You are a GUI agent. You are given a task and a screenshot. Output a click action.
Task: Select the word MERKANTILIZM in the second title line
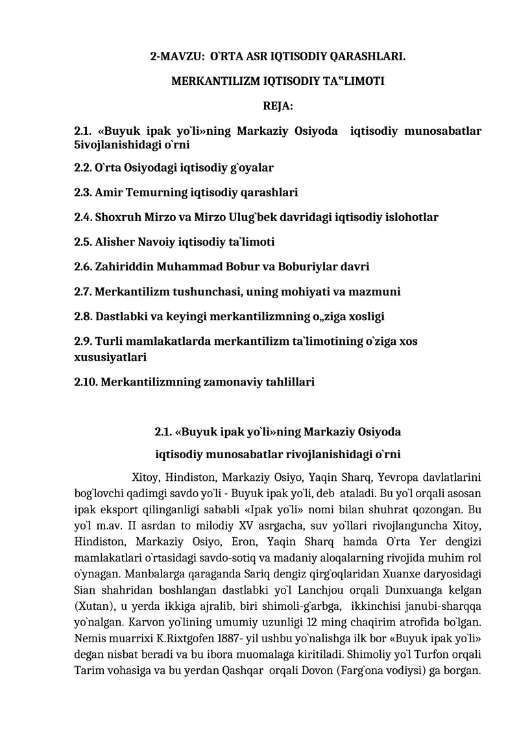[206, 82]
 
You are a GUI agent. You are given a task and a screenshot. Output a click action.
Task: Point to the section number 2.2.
[83, 168]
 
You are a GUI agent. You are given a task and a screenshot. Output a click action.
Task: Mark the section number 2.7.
[83, 292]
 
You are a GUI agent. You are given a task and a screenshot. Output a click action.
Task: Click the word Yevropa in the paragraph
[398, 478]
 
